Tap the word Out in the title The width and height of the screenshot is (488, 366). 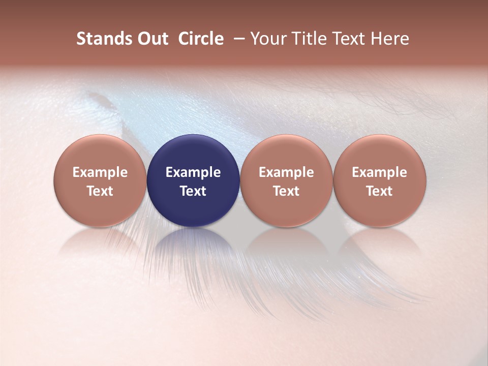tap(149, 39)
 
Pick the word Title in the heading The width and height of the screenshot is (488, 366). tap(310, 39)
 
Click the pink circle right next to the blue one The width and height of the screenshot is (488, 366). tap(286, 152)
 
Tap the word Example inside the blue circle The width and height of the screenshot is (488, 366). tap(193, 172)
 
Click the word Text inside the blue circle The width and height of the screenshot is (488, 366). tap(193, 191)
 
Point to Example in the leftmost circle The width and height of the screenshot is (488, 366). tap(100, 172)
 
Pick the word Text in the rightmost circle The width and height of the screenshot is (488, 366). tap(379, 191)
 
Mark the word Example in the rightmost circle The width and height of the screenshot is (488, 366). tap(379, 172)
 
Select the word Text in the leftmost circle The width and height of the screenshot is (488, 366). tap(100, 191)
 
